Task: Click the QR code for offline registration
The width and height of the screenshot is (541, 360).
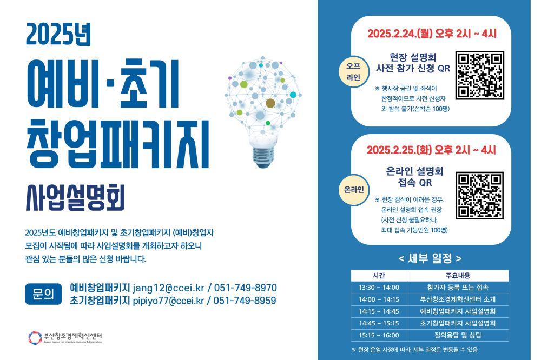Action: [x=479, y=75]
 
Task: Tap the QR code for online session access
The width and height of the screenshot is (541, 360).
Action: [x=479, y=195]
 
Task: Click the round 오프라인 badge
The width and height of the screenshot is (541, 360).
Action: [x=353, y=72]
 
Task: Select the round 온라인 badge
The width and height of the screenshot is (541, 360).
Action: [x=354, y=190]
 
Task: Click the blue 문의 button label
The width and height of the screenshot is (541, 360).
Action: [x=43, y=294]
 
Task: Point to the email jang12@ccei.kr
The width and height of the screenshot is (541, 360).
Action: [x=168, y=288]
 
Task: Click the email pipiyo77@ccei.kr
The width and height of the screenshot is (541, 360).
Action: [x=168, y=301]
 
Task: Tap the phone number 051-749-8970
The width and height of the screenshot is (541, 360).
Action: [x=245, y=288]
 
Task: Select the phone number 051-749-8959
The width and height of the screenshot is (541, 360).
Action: [x=245, y=301]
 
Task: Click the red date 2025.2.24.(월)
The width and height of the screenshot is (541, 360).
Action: [x=400, y=34]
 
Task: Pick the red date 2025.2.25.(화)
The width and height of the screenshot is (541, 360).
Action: [x=399, y=150]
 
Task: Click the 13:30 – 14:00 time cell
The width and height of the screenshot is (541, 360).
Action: [x=379, y=288]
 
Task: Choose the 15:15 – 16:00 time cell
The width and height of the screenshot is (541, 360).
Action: [x=379, y=335]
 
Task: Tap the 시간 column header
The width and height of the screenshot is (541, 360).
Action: [x=379, y=276]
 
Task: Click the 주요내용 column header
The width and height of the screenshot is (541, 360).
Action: [x=458, y=276]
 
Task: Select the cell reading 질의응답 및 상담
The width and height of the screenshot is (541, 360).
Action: [x=458, y=335]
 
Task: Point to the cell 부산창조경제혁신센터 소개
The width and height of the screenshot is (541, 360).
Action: [x=458, y=299]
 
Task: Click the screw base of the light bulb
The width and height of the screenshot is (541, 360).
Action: [x=263, y=157]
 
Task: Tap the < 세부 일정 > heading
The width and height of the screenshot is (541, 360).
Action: [x=430, y=258]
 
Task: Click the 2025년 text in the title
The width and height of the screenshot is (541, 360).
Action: [x=58, y=34]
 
